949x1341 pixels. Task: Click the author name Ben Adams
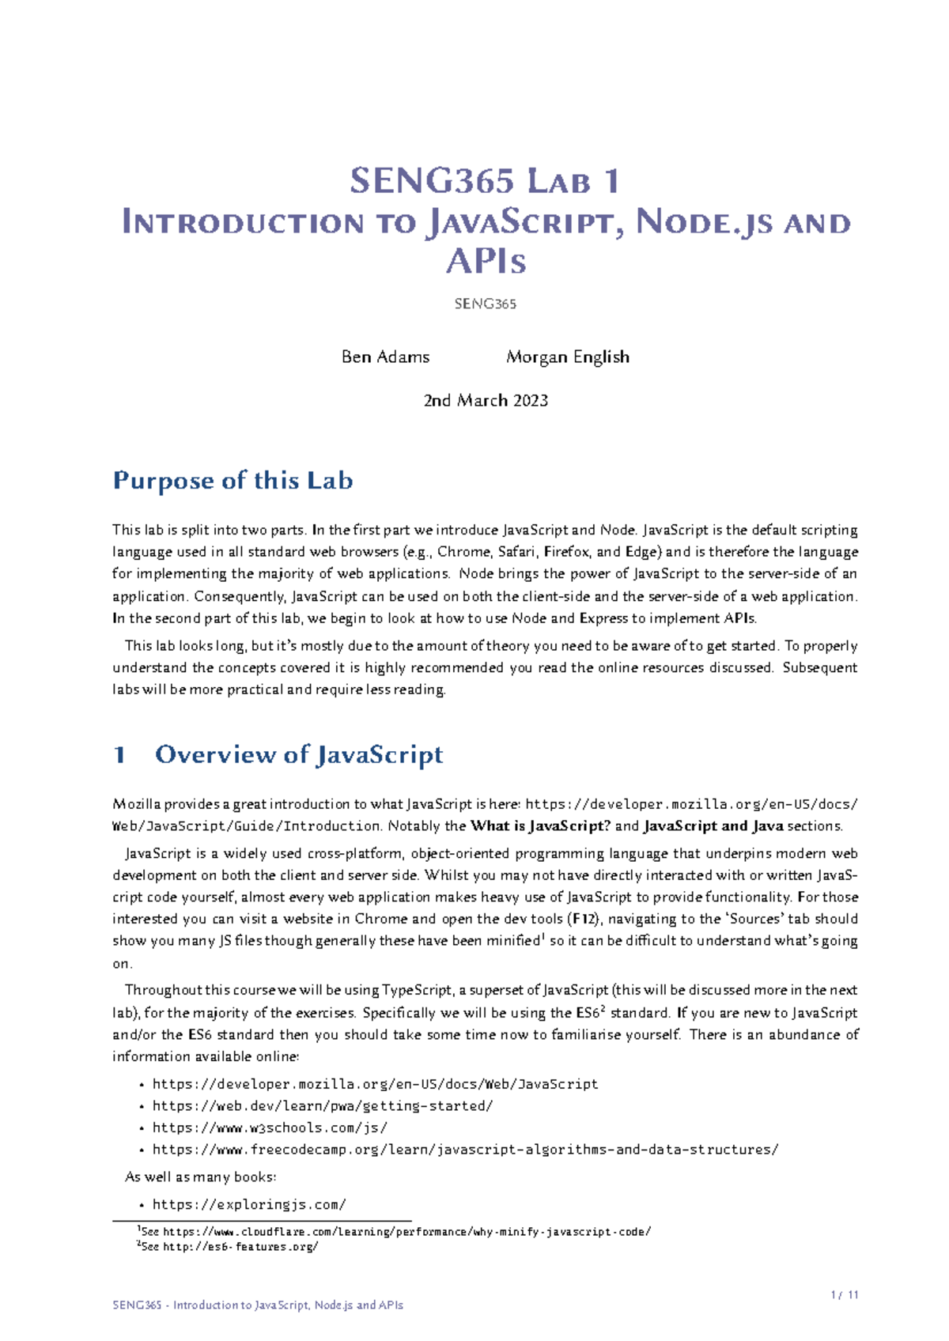pyautogui.click(x=385, y=357)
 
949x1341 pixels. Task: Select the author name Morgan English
pyautogui.click(x=567, y=357)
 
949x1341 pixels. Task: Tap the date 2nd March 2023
pyautogui.click(x=486, y=400)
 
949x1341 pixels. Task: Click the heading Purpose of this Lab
pyautogui.click(x=233, y=480)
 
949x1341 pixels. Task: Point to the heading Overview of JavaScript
pyautogui.click(x=298, y=754)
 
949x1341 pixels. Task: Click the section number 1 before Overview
pyautogui.click(x=119, y=754)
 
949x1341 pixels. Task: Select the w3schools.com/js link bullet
pyautogui.click(x=270, y=1128)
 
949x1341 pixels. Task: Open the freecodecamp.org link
pyautogui.click(x=465, y=1150)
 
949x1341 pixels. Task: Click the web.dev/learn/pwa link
pyautogui.click(x=323, y=1106)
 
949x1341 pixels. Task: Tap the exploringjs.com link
pyautogui.click(x=249, y=1205)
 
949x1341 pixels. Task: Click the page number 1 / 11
pyautogui.click(x=845, y=1295)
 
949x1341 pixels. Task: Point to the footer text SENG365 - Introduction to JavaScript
pyautogui.click(x=258, y=1305)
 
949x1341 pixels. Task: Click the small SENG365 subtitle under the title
pyautogui.click(x=485, y=304)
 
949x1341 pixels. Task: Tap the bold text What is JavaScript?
pyautogui.click(x=540, y=826)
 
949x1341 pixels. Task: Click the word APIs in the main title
pyautogui.click(x=486, y=262)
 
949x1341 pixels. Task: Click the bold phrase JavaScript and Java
pyautogui.click(x=713, y=826)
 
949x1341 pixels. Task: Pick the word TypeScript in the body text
pyautogui.click(x=417, y=991)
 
